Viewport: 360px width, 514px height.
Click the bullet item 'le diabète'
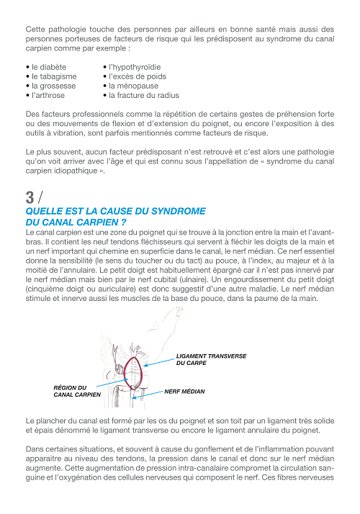click(x=46, y=67)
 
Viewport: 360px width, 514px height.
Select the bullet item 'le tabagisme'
click(x=51, y=77)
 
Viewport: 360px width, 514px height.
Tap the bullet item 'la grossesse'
click(x=51, y=86)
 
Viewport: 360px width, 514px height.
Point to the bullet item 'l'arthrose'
click(x=45, y=96)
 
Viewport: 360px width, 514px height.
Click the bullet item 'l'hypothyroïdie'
click(x=132, y=67)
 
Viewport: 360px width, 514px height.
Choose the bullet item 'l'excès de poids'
click(x=135, y=77)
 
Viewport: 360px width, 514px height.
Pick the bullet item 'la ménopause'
click(x=131, y=86)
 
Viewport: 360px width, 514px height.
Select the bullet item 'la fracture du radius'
click(x=141, y=96)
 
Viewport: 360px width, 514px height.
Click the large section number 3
click(x=30, y=197)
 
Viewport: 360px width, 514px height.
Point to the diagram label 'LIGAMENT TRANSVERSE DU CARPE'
click(x=211, y=360)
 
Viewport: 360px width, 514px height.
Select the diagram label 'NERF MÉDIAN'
click(x=184, y=392)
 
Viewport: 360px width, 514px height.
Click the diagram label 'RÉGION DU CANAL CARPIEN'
click(x=77, y=391)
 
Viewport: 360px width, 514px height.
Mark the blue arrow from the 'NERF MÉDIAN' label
click(x=148, y=394)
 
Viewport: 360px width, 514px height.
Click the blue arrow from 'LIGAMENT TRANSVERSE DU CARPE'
click(x=159, y=362)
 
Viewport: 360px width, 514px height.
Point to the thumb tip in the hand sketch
click(x=179, y=310)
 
